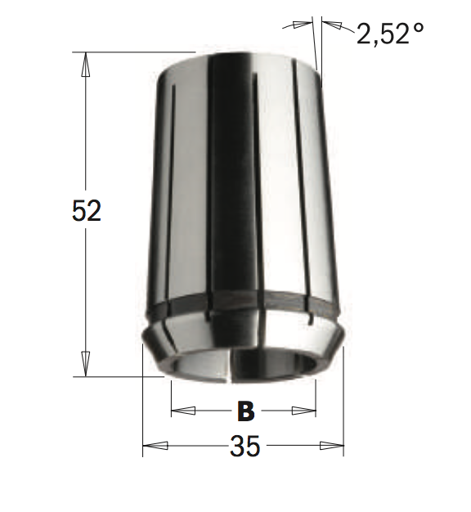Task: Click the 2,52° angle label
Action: coord(390,34)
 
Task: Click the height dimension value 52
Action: coord(87,211)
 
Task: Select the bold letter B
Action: coord(246,411)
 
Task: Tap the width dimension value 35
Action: coord(245,446)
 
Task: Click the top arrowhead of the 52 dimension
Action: coord(86,65)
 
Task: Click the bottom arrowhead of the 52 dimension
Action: coord(86,364)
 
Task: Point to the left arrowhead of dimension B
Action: coord(183,411)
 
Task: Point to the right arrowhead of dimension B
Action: coord(304,411)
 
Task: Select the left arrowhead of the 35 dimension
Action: coord(155,445)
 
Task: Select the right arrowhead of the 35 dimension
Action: coord(332,445)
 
